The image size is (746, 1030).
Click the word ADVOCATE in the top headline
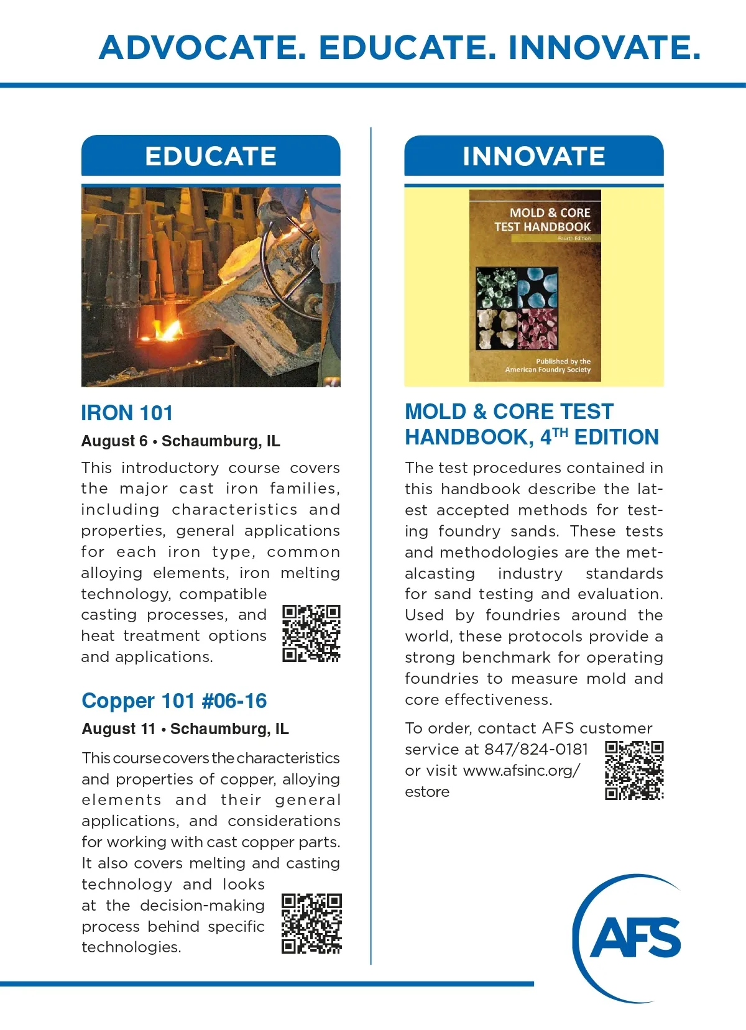[x=202, y=48]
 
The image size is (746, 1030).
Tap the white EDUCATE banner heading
[x=211, y=156]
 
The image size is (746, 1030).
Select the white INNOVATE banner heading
[x=533, y=156]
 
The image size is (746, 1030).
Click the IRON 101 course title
[x=127, y=413]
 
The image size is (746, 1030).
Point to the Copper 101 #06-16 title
[x=174, y=701]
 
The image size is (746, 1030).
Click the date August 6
[x=114, y=441]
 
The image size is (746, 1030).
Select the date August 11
[x=119, y=729]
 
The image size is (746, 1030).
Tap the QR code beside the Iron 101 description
[x=311, y=633]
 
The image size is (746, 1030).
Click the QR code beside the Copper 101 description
[x=311, y=924]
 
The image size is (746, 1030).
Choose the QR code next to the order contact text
[x=634, y=770]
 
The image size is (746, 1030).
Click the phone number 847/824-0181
[x=536, y=750]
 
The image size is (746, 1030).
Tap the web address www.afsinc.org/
[x=522, y=771]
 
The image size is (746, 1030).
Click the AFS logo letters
[x=635, y=937]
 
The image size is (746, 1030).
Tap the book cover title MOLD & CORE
[x=550, y=213]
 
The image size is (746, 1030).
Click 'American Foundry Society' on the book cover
[x=548, y=370]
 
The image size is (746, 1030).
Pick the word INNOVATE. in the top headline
[x=604, y=48]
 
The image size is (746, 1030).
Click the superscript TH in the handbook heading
[x=560, y=433]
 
